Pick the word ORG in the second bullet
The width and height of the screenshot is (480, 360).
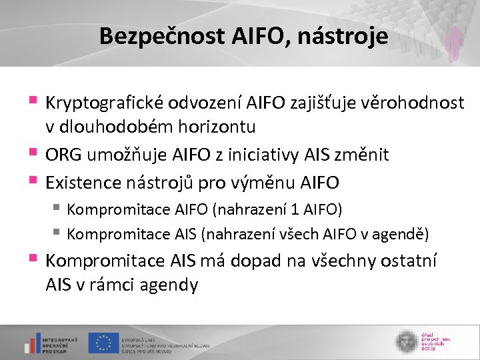pos(63,155)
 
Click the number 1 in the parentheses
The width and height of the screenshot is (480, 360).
pos(295,210)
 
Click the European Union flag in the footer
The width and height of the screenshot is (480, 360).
pos(103,343)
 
